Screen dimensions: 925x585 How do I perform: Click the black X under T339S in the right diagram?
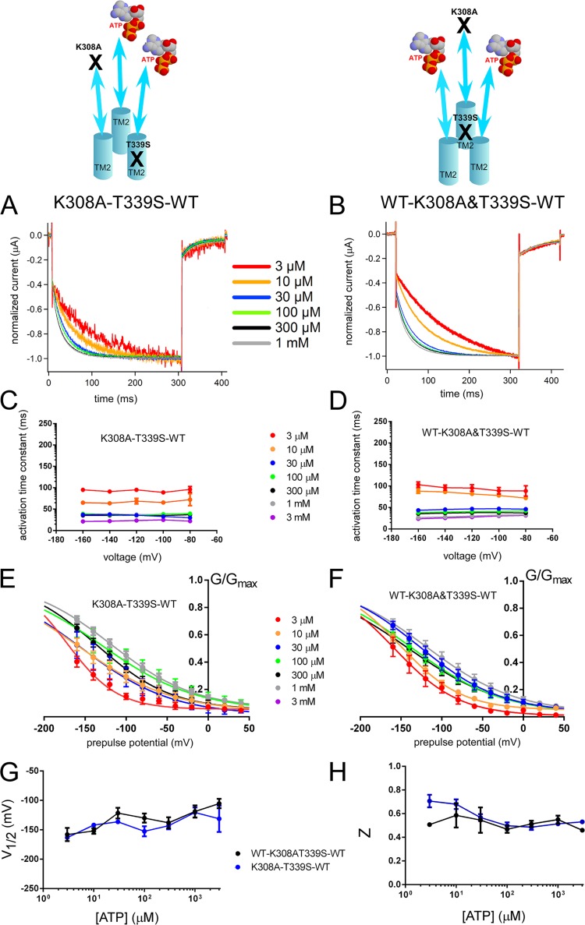pos(465,132)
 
